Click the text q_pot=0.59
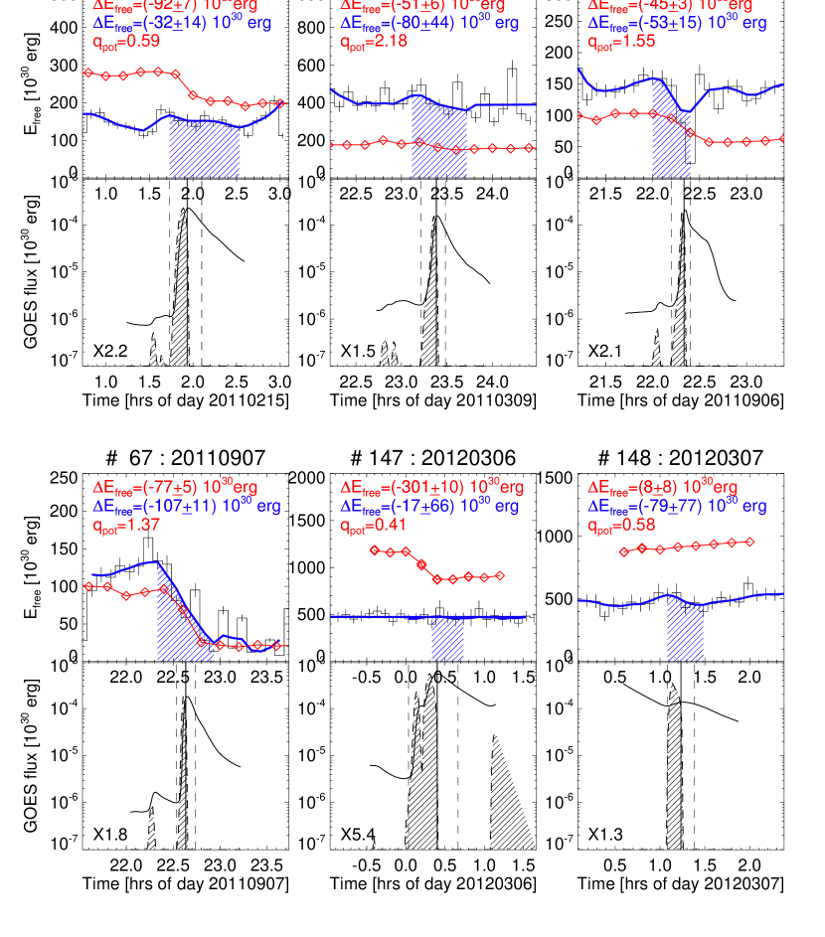(126, 42)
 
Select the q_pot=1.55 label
(621, 42)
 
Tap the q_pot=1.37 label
(126, 526)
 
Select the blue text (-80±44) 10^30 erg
(429, 23)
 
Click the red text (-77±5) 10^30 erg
(175, 488)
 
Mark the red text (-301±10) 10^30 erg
(432, 488)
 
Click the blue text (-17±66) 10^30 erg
(429, 507)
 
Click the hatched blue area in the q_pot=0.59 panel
(204, 149)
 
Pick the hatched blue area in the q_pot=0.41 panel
(447, 639)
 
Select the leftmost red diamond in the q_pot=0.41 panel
(374, 549)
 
